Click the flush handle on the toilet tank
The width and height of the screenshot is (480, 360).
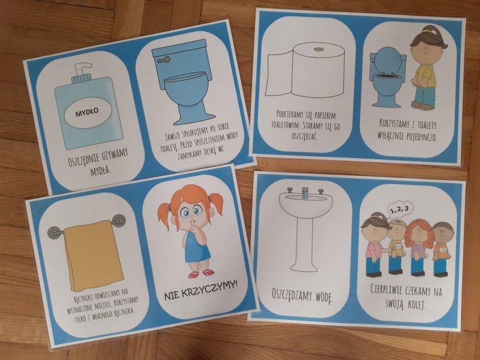click(x=163, y=59)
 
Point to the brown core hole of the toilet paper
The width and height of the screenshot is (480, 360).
click(x=319, y=49)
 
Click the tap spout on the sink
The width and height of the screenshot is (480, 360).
click(x=305, y=193)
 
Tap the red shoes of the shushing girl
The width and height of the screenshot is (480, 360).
click(x=201, y=273)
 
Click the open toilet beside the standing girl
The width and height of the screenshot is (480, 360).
click(x=386, y=77)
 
